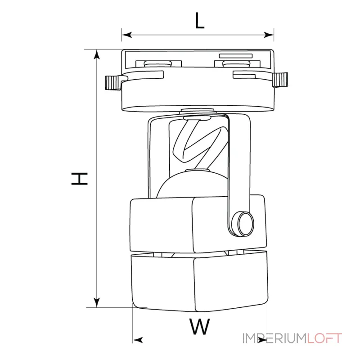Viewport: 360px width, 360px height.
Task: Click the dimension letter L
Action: click(x=199, y=20)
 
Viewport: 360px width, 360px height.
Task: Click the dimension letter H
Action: click(x=80, y=179)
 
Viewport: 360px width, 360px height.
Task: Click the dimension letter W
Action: click(x=199, y=326)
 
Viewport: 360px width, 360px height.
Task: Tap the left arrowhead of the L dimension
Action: click(x=127, y=35)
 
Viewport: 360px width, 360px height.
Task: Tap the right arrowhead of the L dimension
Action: click(x=269, y=35)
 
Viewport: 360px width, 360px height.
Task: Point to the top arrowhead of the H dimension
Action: click(x=97, y=54)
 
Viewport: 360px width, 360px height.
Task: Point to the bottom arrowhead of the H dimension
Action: click(x=97, y=302)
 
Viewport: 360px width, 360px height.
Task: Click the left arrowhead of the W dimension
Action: click(x=138, y=340)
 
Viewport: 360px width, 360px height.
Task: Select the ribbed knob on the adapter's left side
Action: click(x=113, y=82)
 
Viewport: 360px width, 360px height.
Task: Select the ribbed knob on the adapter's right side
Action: click(x=280, y=80)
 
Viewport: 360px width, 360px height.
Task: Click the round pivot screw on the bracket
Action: click(x=243, y=224)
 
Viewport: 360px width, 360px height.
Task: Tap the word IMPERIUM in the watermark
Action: click(x=275, y=338)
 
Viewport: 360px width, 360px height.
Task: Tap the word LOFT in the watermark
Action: click(x=324, y=338)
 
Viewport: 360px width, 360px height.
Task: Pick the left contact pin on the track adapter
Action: click(x=158, y=63)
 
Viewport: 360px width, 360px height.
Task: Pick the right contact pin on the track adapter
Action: click(x=237, y=63)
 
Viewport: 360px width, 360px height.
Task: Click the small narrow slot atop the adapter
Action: click(x=236, y=56)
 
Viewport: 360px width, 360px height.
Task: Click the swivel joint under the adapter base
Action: click(x=198, y=111)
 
